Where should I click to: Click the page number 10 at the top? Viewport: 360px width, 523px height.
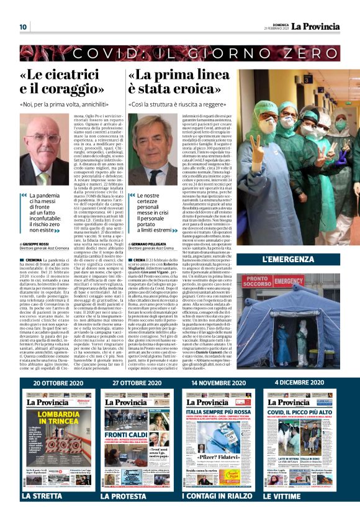(23, 27)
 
